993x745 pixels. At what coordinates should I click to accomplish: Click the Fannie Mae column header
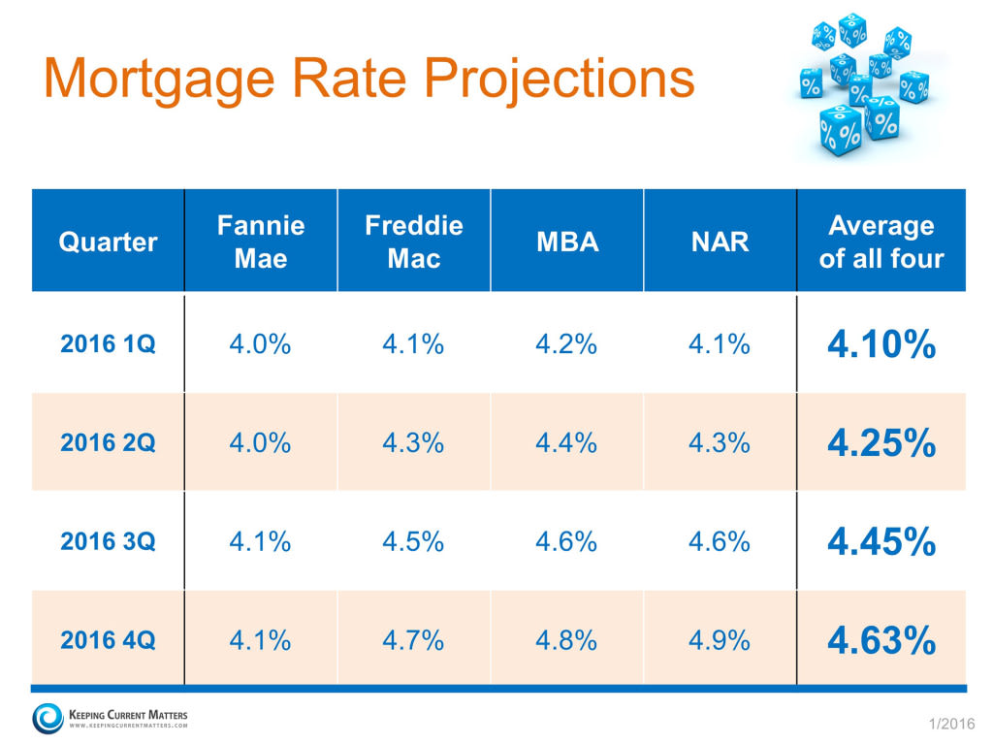[x=261, y=242]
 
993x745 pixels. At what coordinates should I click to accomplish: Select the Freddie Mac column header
[x=414, y=242]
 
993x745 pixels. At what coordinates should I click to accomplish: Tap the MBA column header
[x=567, y=242]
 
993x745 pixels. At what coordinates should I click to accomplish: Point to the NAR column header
[x=720, y=242]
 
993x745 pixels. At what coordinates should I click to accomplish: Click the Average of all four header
[x=881, y=242]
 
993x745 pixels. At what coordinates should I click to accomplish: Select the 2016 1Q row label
[x=108, y=344]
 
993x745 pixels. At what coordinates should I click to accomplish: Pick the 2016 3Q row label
[x=108, y=541]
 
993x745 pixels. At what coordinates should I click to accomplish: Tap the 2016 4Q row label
[x=108, y=640]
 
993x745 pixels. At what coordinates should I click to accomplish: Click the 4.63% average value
[x=881, y=640]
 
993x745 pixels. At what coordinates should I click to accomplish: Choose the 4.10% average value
[x=881, y=344]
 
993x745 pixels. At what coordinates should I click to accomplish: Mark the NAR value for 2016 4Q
[x=720, y=640]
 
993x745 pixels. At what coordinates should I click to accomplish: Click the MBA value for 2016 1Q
[x=567, y=344]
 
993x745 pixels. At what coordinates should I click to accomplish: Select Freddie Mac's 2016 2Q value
[x=414, y=443]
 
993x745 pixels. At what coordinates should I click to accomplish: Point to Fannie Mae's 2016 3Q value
[x=261, y=541]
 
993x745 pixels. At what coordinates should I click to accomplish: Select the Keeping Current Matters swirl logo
[x=47, y=719]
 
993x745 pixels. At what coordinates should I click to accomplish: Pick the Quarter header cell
[x=108, y=242]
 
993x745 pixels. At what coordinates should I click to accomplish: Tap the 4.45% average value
[x=881, y=541]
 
